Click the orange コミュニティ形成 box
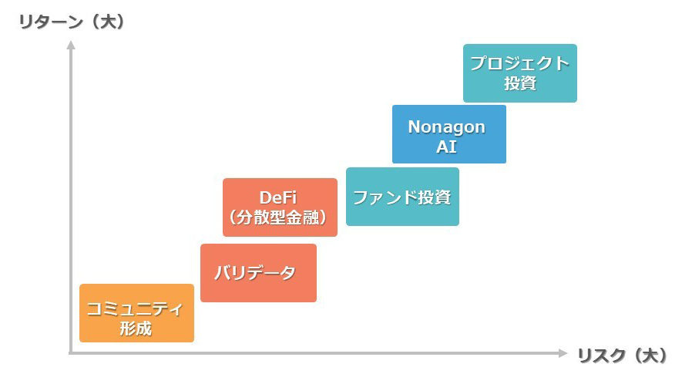pyautogui.click(x=136, y=313)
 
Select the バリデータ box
pyautogui.click(x=258, y=273)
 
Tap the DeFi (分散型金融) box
pyautogui.click(x=280, y=207)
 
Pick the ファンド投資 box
pyautogui.click(x=402, y=197)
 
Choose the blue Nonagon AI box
pyautogui.click(x=448, y=134)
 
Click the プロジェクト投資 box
pyautogui.click(x=519, y=73)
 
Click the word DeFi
pyautogui.click(x=279, y=197)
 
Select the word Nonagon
pyautogui.click(x=447, y=126)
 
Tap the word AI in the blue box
pyautogui.click(x=447, y=147)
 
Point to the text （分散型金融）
pyautogui.click(x=279, y=218)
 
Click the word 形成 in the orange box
pyautogui.click(x=136, y=329)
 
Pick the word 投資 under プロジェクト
pyautogui.click(x=520, y=83)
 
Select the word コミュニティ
pyautogui.click(x=136, y=309)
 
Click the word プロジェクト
pyautogui.click(x=520, y=63)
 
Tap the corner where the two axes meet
pyautogui.click(x=71, y=353)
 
